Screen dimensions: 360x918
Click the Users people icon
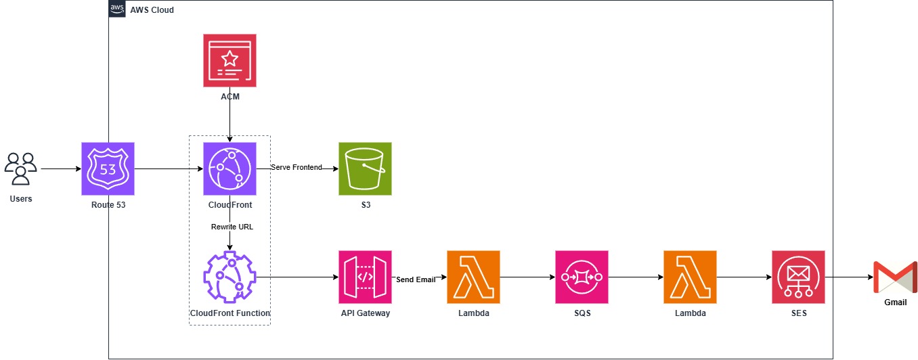point(21,168)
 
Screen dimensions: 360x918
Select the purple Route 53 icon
point(108,168)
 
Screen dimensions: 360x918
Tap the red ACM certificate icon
point(230,60)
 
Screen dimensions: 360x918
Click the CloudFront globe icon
point(230,168)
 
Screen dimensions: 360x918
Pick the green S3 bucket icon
point(365,168)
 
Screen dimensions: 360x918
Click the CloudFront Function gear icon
point(230,277)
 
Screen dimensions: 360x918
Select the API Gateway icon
point(365,277)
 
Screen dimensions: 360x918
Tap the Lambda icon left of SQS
point(473,277)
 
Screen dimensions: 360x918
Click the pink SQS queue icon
point(582,277)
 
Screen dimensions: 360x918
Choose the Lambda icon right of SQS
point(691,277)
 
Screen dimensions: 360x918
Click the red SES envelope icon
point(799,277)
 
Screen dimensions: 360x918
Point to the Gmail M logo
point(895,277)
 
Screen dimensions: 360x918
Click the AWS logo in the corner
point(117,9)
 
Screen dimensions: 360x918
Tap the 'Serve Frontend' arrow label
point(297,167)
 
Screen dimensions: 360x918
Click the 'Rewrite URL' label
point(232,227)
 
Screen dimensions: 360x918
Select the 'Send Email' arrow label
point(416,279)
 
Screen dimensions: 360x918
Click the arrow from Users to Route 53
point(61,168)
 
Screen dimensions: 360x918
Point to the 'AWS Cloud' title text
point(152,10)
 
